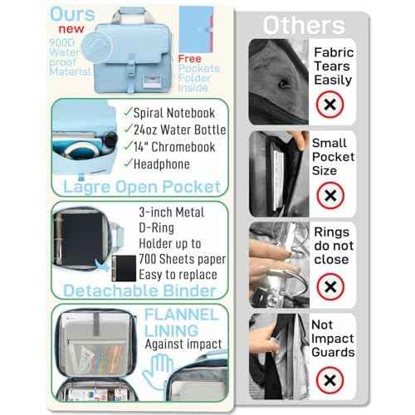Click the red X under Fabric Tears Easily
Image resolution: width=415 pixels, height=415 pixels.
point(330,105)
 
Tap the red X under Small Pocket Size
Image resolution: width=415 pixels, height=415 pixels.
point(330,196)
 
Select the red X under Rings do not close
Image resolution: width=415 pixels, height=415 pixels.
point(330,286)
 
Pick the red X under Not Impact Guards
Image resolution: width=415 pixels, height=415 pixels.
point(330,380)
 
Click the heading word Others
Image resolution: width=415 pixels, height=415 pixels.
point(304,25)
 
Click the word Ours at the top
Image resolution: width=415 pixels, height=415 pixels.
point(72,14)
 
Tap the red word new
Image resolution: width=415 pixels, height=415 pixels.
point(71,29)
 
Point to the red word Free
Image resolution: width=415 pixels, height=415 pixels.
point(189,59)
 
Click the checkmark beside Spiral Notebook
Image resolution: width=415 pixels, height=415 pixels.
point(128,112)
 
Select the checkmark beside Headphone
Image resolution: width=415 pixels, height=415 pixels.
point(128,163)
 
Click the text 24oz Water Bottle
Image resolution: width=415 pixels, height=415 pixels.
point(180,129)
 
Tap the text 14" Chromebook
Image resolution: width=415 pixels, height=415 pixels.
point(174,147)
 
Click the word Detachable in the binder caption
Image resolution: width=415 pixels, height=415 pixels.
point(110,290)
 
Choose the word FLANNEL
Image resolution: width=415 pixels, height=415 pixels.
point(182,315)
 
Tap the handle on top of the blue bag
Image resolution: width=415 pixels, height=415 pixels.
point(132,16)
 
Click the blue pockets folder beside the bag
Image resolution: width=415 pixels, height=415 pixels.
point(196,30)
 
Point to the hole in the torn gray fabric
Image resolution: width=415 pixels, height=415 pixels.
point(283,83)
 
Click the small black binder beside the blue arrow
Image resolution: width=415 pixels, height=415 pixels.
point(124,268)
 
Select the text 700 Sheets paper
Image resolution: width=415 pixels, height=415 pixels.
point(183,259)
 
